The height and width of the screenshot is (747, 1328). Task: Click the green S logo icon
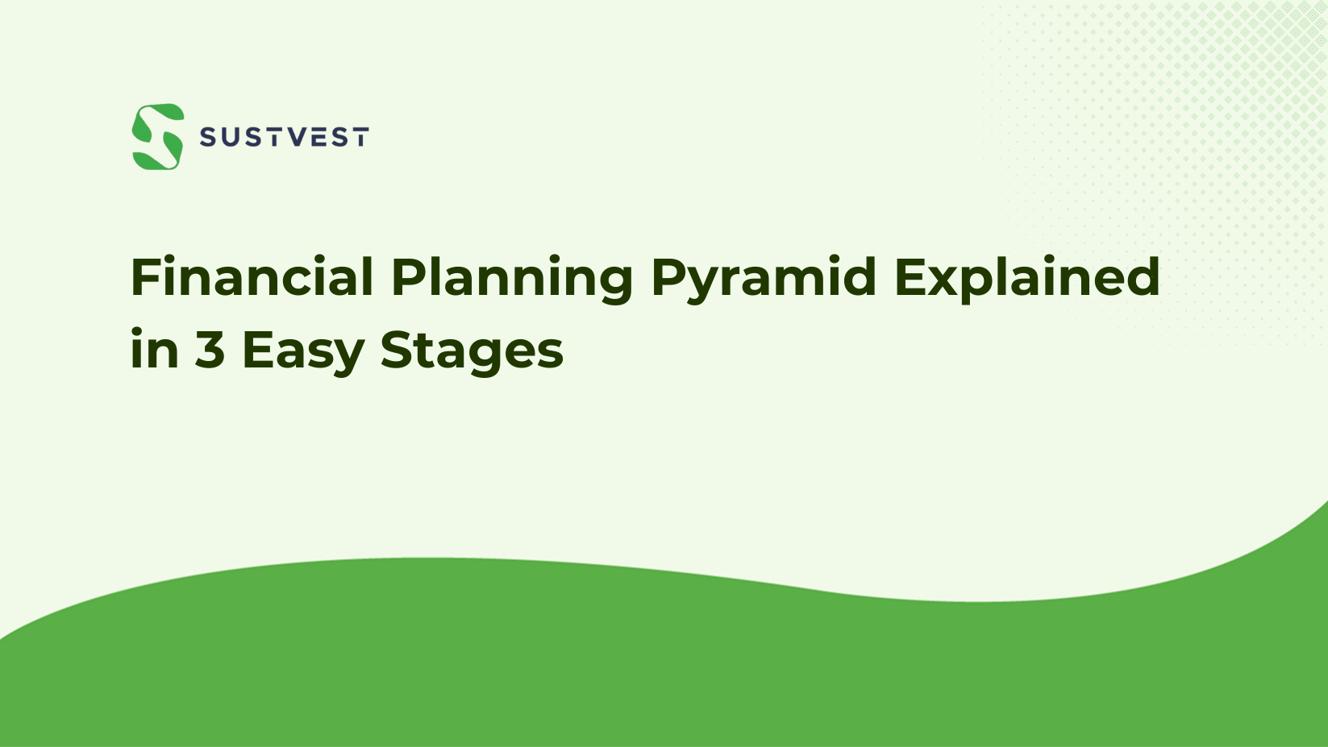coord(158,136)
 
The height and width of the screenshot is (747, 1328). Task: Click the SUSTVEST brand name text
coord(284,138)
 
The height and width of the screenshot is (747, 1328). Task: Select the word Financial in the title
coord(252,277)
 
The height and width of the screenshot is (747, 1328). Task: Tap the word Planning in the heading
coord(512,277)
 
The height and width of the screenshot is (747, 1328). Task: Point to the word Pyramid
coord(763,277)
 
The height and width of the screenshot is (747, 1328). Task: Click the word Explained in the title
coord(1026,277)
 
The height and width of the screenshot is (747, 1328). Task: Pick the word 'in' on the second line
coord(154,351)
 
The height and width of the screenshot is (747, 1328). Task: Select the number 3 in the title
coord(210,351)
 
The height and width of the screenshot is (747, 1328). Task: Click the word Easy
coord(302,351)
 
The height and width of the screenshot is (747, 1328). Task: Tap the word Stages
coord(472,351)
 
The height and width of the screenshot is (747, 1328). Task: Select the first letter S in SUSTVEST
coord(208,138)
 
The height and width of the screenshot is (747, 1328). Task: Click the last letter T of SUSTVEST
coord(360,138)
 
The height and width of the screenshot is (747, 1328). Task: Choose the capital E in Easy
coord(257,351)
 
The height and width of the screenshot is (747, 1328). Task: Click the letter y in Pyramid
coord(700,284)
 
